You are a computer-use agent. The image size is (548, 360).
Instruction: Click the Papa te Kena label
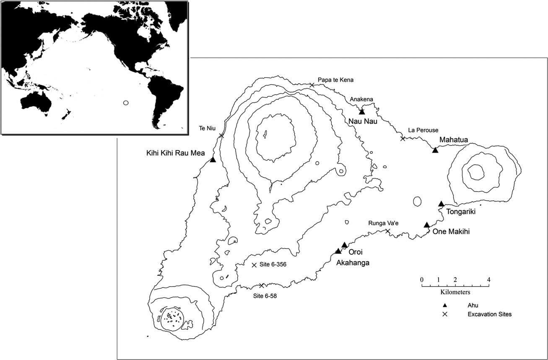[335, 80]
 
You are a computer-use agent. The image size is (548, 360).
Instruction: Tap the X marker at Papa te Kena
[312, 85]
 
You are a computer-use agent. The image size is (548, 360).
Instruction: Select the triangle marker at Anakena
[362, 111]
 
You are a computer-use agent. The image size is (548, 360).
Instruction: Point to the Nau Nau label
[361, 122]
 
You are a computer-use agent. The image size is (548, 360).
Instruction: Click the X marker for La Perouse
[403, 138]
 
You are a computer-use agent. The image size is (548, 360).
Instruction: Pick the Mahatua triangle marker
[435, 150]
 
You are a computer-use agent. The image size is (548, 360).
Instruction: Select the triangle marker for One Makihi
[426, 225]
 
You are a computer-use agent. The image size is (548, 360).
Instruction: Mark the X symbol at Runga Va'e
[388, 231]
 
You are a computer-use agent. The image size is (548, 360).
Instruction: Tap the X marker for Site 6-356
[254, 265]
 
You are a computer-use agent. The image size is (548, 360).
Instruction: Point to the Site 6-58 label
[265, 295]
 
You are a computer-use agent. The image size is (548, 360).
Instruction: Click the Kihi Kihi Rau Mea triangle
[213, 160]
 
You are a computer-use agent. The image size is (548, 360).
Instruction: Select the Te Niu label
[207, 129]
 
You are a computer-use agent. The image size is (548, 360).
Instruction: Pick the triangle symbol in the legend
[445, 305]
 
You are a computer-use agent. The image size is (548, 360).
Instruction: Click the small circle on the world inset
[125, 103]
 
